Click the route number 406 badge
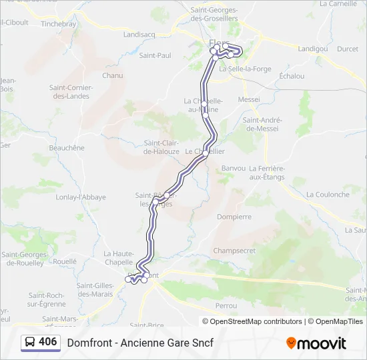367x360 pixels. (40, 342)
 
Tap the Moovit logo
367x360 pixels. (316, 343)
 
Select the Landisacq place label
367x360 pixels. (139, 34)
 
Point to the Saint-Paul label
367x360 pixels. (151, 55)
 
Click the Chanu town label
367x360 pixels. (113, 75)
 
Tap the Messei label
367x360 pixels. (249, 99)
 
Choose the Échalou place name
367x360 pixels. (292, 76)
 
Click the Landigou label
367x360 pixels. (312, 49)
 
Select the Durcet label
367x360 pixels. (348, 49)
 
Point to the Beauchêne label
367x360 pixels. (67, 147)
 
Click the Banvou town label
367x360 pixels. (234, 168)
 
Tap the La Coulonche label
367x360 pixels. (328, 195)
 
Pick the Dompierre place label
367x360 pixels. (234, 217)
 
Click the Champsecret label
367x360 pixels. (234, 251)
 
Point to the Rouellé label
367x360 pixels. (65, 262)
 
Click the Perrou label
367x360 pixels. (226, 305)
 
